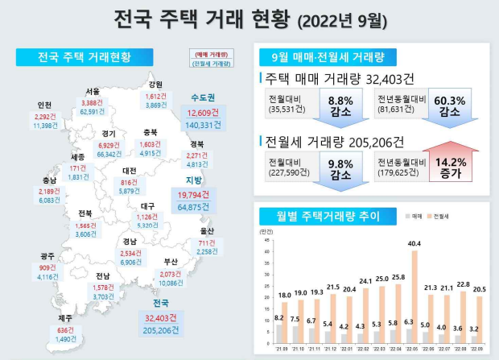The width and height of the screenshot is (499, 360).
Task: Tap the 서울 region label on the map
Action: click(x=93, y=91)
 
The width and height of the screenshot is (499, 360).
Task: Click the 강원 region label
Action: click(x=155, y=84)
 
